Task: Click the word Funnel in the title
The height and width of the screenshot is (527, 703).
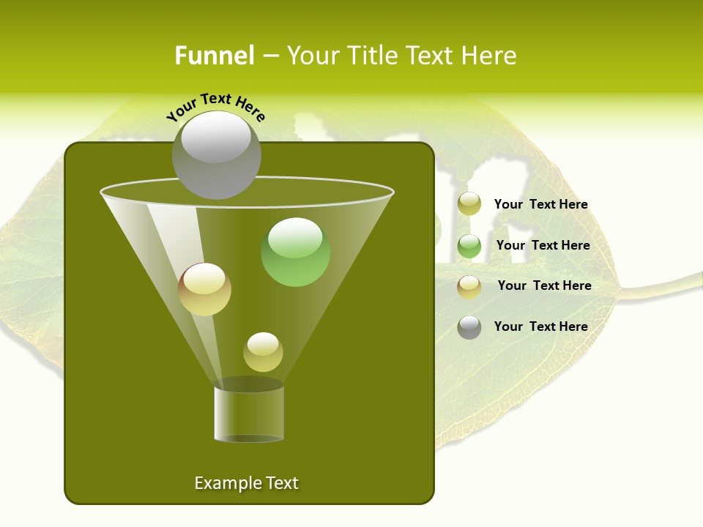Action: (214, 56)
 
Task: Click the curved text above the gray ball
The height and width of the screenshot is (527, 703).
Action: (216, 107)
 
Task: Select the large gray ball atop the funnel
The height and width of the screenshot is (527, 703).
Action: (216, 154)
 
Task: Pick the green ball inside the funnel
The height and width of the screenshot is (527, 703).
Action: (296, 252)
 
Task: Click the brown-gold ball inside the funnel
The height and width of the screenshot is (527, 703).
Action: (205, 289)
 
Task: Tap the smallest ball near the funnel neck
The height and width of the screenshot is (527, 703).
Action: (263, 352)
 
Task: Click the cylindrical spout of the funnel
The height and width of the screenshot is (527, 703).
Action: (249, 414)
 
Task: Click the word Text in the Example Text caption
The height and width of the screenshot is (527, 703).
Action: (281, 483)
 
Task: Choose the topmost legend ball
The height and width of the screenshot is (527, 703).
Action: (469, 204)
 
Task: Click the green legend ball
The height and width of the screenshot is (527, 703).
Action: (469, 246)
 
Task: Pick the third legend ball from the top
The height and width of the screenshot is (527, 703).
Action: (469, 286)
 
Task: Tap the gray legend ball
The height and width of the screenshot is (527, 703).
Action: (469, 327)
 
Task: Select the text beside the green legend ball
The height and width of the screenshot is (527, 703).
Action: (543, 245)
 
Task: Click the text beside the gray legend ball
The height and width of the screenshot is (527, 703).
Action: (540, 326)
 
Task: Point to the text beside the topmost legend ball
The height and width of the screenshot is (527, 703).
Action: (540, 204)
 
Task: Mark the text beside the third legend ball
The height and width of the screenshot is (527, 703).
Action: (544, 285)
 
